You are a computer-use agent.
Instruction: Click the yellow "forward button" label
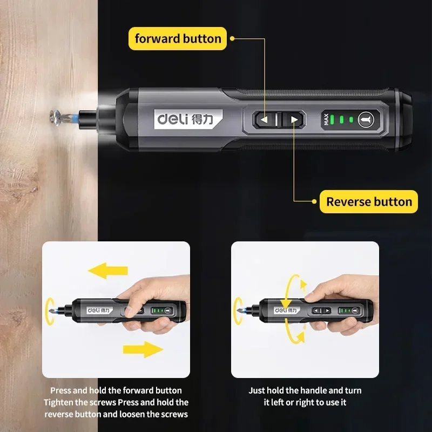(x=178, y=38)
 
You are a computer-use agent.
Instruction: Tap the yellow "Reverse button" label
(x=369, y=201)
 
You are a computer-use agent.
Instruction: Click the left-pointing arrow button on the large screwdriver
(x=264, y=119)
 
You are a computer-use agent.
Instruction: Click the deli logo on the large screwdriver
(x=188, y=119)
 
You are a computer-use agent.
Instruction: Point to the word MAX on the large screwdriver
(x=326, y=119)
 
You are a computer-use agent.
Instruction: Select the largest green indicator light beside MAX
(x=332, y=119)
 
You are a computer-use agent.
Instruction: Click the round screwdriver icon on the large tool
(x=366, y=119)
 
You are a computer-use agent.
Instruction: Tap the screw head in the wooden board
(x=55, y=118)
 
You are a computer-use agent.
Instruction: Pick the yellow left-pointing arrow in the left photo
(x=107, y=271)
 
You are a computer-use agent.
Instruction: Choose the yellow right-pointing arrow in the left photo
(x=143, y=349)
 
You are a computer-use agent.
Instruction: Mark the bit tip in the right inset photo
(x=238, y=311)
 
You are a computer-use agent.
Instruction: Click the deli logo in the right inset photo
(x=286, y=310)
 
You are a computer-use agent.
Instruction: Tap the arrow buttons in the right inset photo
(x=321, y=310)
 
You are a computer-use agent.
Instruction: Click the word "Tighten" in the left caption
(x=58, y=402)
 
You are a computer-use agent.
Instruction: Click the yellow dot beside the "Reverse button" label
(x=314, y=201)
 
